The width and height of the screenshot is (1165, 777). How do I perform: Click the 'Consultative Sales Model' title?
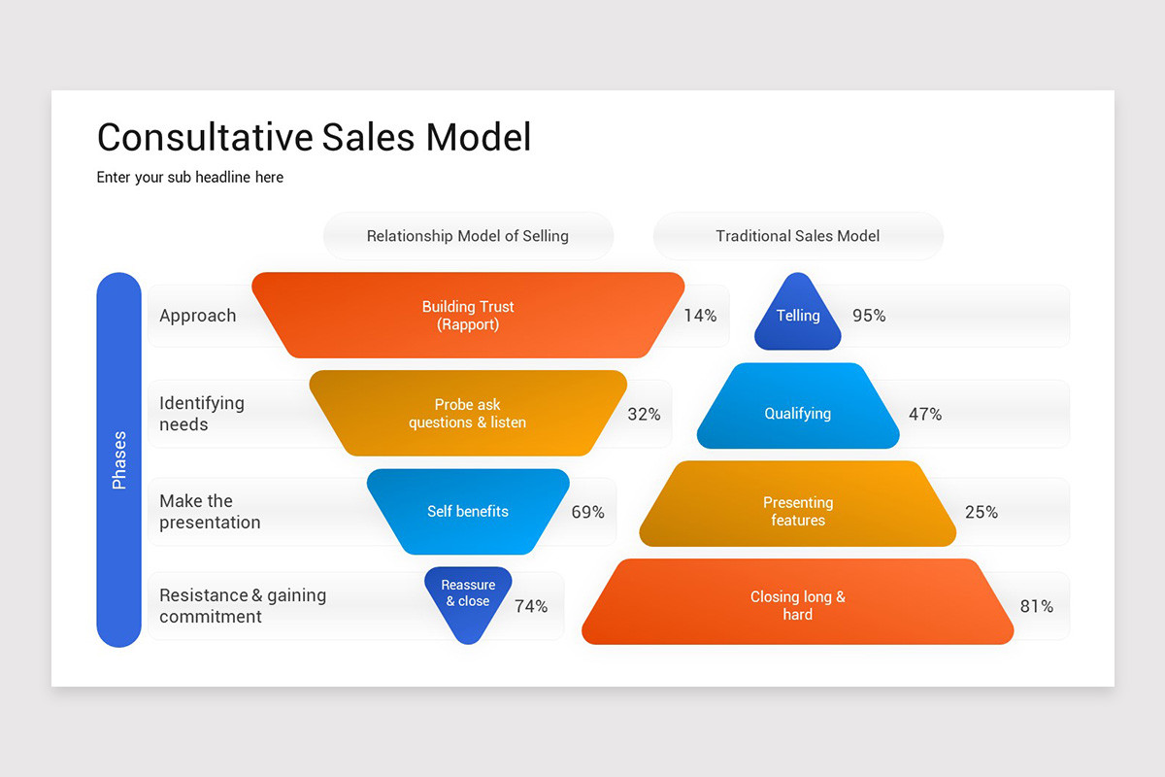(314, 137)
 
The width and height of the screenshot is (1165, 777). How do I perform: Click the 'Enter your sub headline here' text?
(190, 178)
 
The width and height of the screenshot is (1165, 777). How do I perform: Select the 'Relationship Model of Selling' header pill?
(468, 236)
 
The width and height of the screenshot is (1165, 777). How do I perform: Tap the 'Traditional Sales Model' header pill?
(798, 236)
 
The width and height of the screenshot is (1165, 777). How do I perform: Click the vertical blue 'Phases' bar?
(118, 459)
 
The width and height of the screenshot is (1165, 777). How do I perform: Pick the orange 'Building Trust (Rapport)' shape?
(468, 316)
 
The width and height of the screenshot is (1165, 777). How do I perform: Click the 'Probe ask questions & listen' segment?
(468, 414)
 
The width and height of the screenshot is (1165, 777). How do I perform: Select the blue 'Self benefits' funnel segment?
(468, 512)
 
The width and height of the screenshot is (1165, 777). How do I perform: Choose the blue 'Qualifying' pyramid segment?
(798, 414)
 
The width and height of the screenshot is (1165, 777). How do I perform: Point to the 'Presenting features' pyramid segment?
(798, 512)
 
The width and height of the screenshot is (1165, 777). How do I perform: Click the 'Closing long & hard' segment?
(798, 605)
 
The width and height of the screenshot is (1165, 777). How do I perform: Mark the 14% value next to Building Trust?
(700, 316)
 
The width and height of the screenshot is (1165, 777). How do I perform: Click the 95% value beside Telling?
(869, 316)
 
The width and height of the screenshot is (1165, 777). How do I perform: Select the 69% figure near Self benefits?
(587, 512)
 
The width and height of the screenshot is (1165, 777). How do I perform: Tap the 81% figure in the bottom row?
(1036, 606)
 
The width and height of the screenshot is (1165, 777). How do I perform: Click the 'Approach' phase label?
(198, 316)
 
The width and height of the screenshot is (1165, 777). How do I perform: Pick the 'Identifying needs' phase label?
(202, 414)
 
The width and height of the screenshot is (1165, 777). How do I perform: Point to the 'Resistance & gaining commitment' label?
(243, 606)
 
